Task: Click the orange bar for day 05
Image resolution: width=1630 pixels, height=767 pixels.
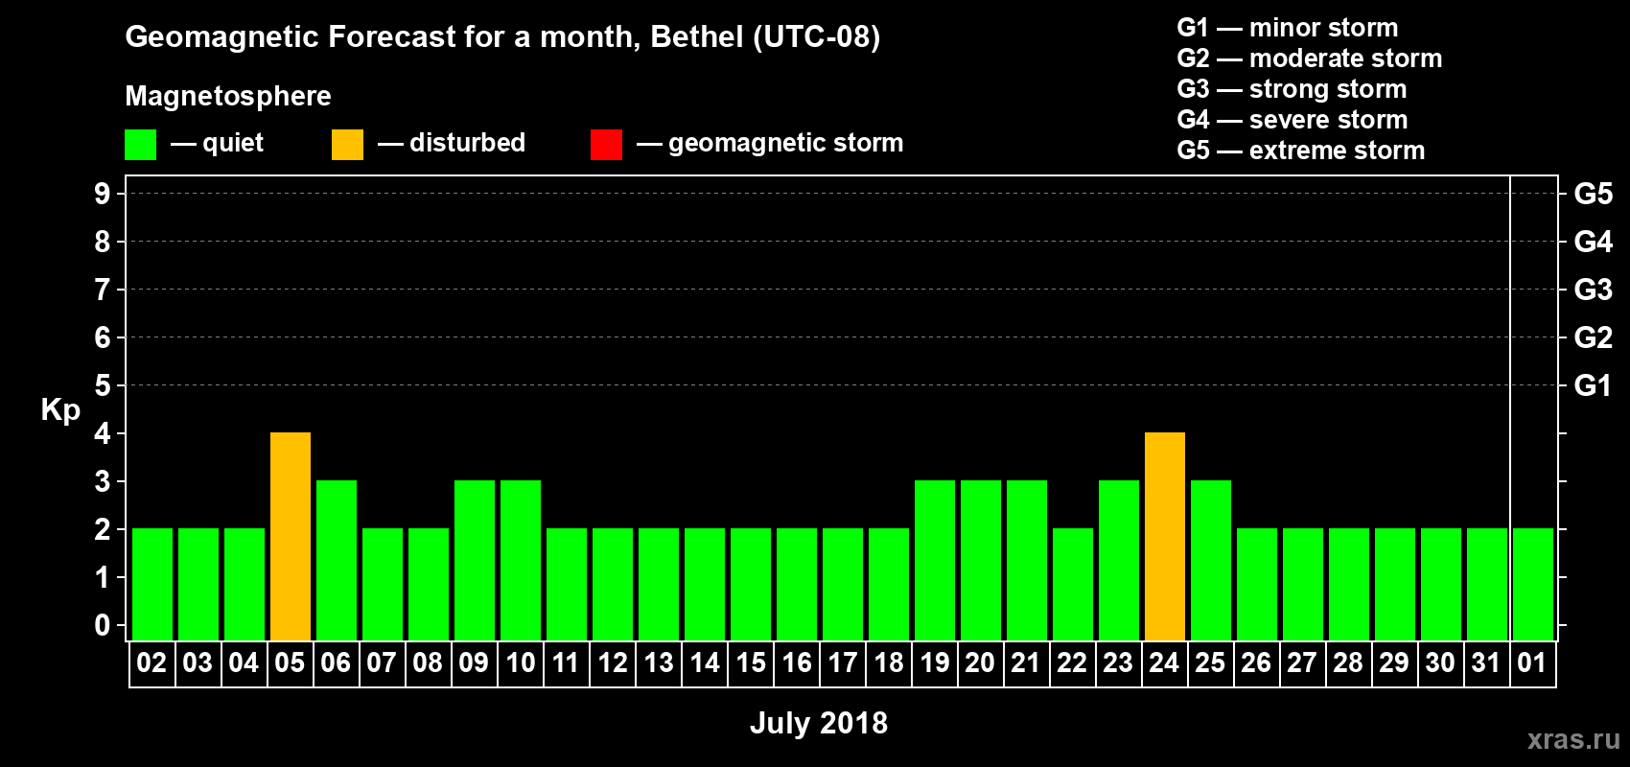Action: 291,536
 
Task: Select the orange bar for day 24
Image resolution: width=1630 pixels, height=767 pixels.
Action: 1165,536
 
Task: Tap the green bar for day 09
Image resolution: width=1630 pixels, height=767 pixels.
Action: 475,560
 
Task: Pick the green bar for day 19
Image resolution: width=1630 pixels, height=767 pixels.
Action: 935,560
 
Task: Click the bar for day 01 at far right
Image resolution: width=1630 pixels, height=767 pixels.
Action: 1533,584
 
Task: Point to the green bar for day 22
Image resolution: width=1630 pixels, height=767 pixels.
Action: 1073,584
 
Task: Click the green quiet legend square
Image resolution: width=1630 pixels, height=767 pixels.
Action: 141,145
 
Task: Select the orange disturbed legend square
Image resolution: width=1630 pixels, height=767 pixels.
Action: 348,145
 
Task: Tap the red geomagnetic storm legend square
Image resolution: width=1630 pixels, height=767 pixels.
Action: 606,145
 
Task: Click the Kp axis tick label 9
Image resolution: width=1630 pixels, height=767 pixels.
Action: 103,194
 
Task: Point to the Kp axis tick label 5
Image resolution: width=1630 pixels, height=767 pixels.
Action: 103,385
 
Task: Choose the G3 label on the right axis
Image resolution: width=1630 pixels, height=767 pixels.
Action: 1593,290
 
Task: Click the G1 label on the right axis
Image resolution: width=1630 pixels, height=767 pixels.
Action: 1593,385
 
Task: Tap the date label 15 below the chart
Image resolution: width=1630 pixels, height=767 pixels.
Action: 751,662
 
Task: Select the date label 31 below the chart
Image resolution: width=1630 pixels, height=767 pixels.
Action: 1486,662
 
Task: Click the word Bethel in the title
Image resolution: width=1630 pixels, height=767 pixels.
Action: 697,37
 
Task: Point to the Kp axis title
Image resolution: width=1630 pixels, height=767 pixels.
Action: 60,410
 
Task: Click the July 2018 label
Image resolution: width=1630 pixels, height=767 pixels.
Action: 819,723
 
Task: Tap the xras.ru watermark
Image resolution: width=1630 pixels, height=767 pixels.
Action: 1573,739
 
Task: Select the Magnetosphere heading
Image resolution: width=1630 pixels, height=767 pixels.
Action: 228,96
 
